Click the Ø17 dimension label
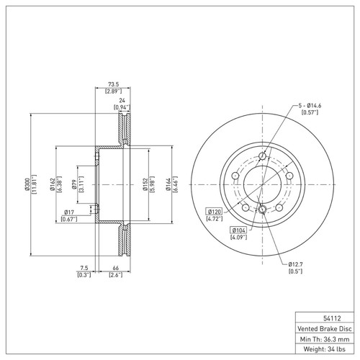(68, 211)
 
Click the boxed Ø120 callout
(215, 211)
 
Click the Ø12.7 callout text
(295, 265)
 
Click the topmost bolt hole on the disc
(262, 156)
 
